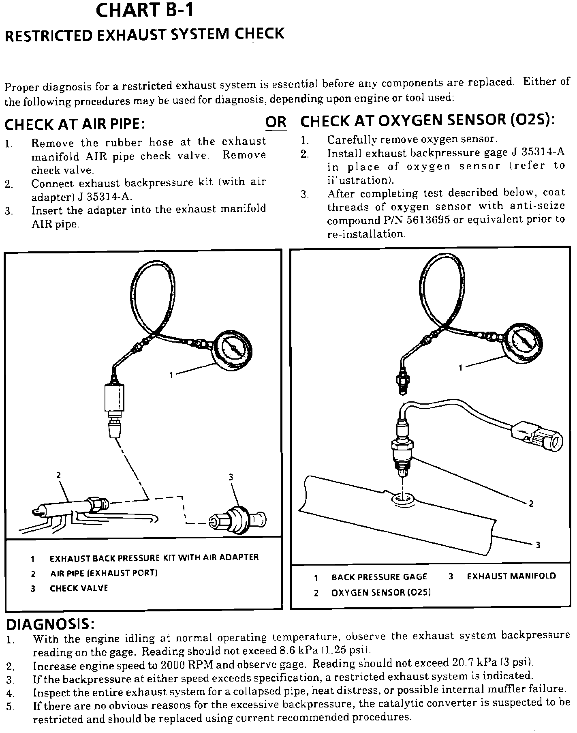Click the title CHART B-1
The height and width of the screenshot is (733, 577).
pyautogui.click(x=144, y=11)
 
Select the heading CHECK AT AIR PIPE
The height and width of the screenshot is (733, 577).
pyautogui.click(x=75, y=124)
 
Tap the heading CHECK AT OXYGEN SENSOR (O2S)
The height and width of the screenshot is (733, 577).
pyautogui.click(x=427, y=121)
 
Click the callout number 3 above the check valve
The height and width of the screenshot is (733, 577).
pyautogui.click(x=231, y=477)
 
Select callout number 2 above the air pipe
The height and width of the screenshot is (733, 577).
pyautogui.click(x=58, y=475)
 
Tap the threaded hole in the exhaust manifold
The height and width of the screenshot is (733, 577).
pyautogui.click(x=402, y=498)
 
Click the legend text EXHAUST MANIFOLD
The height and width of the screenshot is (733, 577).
pyautogui.click(x=511, y=576)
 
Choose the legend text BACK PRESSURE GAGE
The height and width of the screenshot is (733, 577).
pyautogui.click(x=379, y=577)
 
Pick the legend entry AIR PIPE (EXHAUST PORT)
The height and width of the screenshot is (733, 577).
pyautogui.click(x=104, y=573)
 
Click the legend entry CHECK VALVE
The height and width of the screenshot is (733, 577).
pyautogui.click(x=79, y=588)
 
